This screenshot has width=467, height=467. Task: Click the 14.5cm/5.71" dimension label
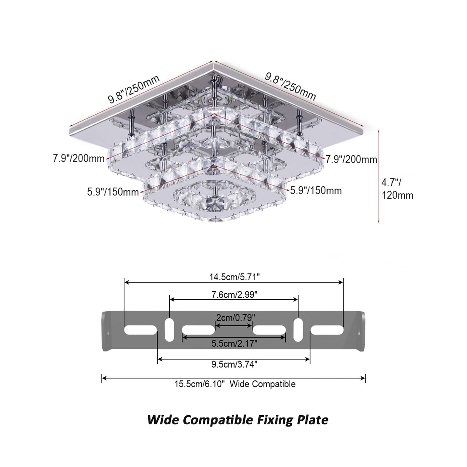pos(234,277)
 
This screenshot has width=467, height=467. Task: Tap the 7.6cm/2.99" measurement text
pos(234,295)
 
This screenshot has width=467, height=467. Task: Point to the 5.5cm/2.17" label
pos(234,343)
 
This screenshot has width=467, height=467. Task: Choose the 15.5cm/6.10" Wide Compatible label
pos(235,384)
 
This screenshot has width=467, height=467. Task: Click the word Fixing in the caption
pos(275,420)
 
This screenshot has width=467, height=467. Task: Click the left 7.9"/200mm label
pos(79,158)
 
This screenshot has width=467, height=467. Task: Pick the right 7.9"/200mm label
pos(351,159)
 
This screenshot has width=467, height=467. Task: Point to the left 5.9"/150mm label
pos(113,192)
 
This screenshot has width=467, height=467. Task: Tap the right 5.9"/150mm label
pos(316,190)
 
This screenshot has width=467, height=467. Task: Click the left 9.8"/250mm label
pos(134,89)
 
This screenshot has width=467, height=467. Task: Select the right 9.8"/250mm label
pos(290,86)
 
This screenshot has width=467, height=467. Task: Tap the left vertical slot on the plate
pos(169,330)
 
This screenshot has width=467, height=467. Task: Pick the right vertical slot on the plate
pos(298,330)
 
